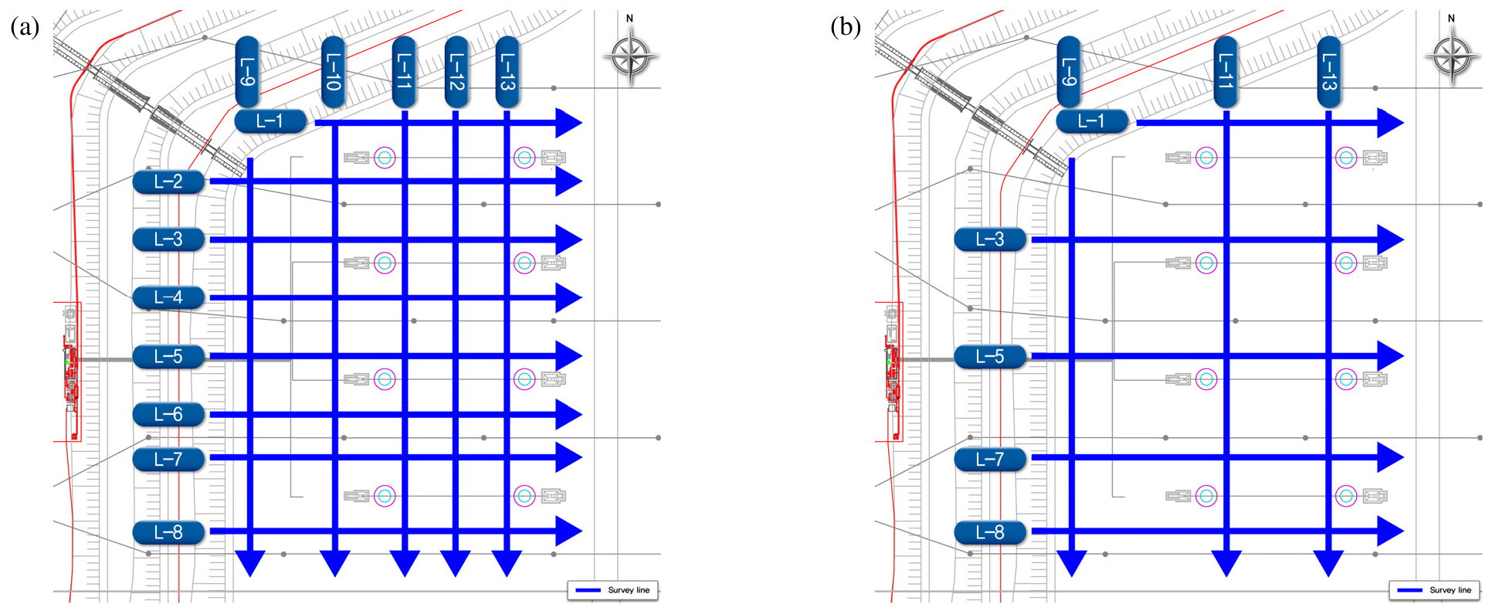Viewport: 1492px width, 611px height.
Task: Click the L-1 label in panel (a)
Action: click(270, 121)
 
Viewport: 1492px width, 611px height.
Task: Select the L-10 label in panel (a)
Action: click(333, 72)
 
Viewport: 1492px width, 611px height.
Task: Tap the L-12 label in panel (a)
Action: click(456, 72)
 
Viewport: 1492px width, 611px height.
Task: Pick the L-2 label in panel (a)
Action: click(168, 182)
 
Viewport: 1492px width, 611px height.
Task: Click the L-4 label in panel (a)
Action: click(168, 297)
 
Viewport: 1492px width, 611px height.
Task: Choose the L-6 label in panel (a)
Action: click(168, 414)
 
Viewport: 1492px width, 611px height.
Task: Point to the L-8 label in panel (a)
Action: click(168, 532)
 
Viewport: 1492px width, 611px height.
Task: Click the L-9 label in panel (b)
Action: click(1069, 72)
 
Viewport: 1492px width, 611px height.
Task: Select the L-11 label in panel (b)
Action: click(1226, 72)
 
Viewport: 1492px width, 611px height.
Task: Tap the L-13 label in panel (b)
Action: click(1328, 72)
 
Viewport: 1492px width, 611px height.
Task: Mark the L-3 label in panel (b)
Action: click(990, 239)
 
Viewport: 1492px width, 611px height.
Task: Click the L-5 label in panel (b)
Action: click(990, 356)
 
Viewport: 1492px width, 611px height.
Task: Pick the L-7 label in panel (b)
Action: click(990, 459)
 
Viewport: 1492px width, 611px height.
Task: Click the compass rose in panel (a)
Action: click(631, 56)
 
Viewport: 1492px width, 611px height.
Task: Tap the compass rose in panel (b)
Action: click(1453, 56)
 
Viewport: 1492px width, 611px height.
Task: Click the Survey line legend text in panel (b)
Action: click(1450, 590)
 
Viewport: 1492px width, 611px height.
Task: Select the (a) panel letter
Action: click(25, 28)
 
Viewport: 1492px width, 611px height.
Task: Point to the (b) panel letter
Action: click(846, 28)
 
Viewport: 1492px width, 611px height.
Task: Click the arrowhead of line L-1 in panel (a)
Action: click(569, 123)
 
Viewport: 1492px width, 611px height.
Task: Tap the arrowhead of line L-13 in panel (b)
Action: click(1328, 564)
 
